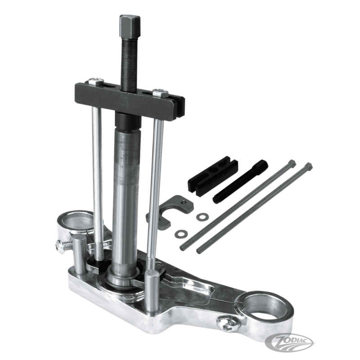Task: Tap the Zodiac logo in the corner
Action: coord(289,342)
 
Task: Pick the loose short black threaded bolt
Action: coord(240,181)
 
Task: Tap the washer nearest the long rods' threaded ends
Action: coord(181,233)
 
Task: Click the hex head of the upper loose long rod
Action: coord(291,164)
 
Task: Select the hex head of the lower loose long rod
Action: coord(308,167)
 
